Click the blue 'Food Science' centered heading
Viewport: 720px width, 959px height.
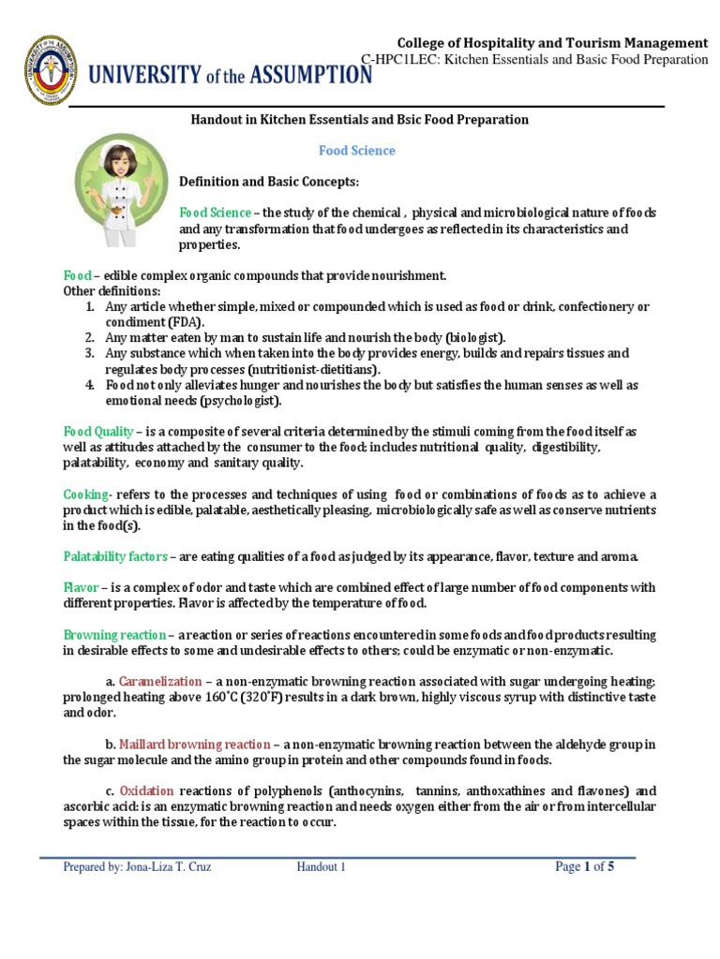[x=357, y=150]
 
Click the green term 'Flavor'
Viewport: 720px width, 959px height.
[x=80, y=587]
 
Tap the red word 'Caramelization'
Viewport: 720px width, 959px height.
[x=160, y=681]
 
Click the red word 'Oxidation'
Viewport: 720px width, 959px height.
[x=146, y=790]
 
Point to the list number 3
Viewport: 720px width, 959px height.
[x=90, y=354]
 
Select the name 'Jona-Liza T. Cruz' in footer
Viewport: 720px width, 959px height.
[x=169, y=867]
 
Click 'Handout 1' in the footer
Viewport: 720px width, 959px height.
[x=322, y=867]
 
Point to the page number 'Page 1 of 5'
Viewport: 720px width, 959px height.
[x=585, y=867]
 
